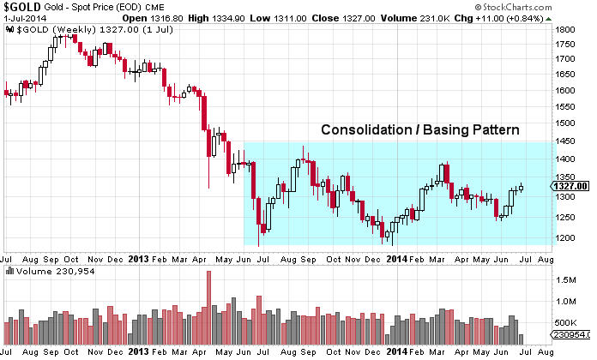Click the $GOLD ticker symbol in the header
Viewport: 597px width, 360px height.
click(x=21, y=6)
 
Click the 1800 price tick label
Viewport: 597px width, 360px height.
click(x=564, y=29)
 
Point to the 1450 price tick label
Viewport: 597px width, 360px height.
click(x=564, y=141)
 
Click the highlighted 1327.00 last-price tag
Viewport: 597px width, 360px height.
click(x=569, y=185)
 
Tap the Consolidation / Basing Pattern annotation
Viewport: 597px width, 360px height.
click(x=420, y=130)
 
